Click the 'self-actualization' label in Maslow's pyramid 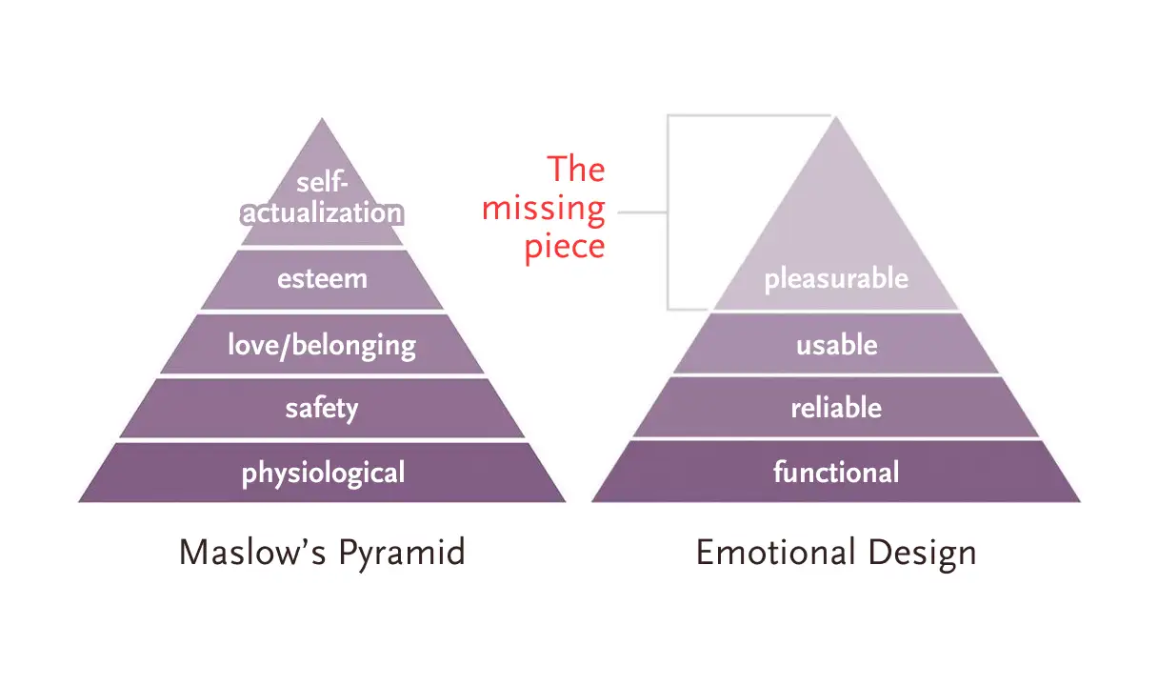click(322, 197)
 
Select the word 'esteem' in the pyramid click(322, 280)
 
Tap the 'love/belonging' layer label click(322, 344)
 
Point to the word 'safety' click(322, 409)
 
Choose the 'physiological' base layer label click(323, 473)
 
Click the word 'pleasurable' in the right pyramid click(836, 279)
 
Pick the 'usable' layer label click(836, 344)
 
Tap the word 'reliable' click(836, 409)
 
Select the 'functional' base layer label click(836, 472)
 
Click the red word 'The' click(575, 170)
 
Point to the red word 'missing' click(544, 209)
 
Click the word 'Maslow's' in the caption click(242, 553)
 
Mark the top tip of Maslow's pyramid click(322, 119)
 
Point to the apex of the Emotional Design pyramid click(835, 117)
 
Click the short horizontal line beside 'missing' click(642, 212)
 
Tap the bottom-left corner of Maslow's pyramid click(80, 500)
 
